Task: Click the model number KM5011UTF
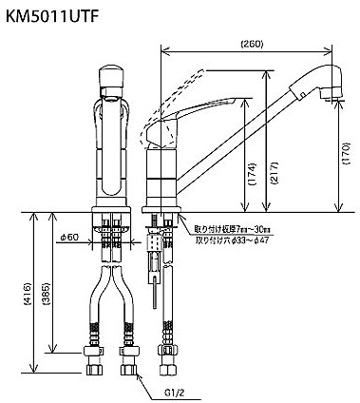(x=50, y=17)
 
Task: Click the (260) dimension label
(x=252, y=45)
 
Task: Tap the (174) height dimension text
(x=252, y=174)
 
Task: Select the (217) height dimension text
(x=274, y=173)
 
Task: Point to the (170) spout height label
(x=347, y=152)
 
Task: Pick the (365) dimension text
(x=47, y=294)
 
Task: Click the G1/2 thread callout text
(x=175, y=393)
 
